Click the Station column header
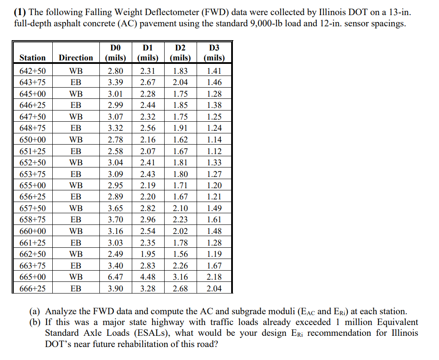32,57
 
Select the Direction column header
76,57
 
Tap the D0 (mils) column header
115,52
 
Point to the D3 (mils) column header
214,52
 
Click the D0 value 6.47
115,277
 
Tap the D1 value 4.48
148,277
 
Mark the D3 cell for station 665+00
214,277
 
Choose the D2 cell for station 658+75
180,220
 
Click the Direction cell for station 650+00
76,140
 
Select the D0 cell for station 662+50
115,254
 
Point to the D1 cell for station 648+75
148,128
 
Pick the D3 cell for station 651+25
214,151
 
